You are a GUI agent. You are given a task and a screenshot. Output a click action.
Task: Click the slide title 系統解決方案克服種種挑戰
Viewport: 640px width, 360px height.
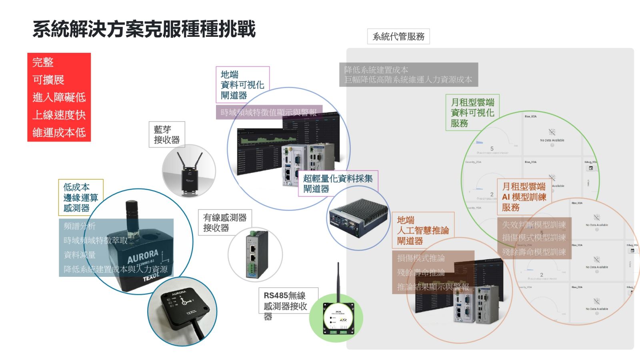[x=144, y=29]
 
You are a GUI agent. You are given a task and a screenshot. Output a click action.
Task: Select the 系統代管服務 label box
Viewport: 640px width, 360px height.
[x=398, y=36]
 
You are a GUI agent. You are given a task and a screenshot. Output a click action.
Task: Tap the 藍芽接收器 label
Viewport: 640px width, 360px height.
[x=167, y=134]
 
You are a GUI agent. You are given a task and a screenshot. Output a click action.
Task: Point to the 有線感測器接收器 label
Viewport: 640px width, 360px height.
[x=225, y=222]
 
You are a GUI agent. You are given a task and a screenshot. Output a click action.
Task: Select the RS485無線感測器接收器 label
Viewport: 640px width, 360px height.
[x=286, y=305]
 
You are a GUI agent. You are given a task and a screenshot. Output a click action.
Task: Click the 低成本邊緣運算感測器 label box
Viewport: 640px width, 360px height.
[x=80, y=197]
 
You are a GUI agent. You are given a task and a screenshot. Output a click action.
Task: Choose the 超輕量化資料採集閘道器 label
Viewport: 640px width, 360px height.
[x=338, y=183]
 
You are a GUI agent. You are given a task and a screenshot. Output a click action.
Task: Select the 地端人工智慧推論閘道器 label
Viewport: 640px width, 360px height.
[x=422, y=230]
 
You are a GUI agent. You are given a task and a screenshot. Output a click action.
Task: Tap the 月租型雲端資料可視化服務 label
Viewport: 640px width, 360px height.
[x=472, y=112]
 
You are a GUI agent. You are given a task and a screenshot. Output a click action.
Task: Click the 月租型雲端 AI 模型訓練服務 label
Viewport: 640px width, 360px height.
[x=524, y=196]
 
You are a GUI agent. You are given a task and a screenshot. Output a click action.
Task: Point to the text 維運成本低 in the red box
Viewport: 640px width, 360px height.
[x=59, y=132]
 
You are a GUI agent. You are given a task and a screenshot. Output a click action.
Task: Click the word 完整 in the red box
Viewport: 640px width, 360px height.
[x=43, y=62]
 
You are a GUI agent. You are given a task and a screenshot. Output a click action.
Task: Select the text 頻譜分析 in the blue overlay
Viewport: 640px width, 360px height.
[x=80, y=226]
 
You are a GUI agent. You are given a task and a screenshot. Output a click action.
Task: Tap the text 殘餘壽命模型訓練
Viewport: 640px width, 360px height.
[x=534, y=252]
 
